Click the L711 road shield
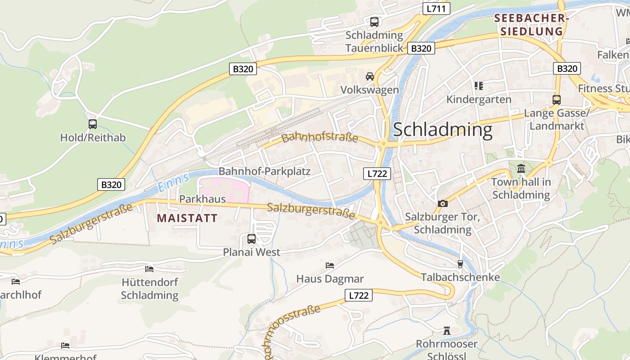[436, 8]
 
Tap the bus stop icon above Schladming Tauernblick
[374, 22]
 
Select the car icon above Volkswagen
[370, 76]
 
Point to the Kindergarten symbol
[478, 85]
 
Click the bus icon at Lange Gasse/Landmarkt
[557, 100]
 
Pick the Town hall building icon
[521, 169]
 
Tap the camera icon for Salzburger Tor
[442, 203]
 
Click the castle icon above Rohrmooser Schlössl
[446, 331]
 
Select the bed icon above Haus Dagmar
[330, 265]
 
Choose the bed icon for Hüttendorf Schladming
[149, 269]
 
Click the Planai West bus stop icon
[252, 239]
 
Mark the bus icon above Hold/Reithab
[93, 124]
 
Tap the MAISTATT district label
[187, 219]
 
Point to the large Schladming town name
[443, 130]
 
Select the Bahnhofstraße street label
[319, 137]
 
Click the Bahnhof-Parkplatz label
[265, 171]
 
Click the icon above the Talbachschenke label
[460, 264]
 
